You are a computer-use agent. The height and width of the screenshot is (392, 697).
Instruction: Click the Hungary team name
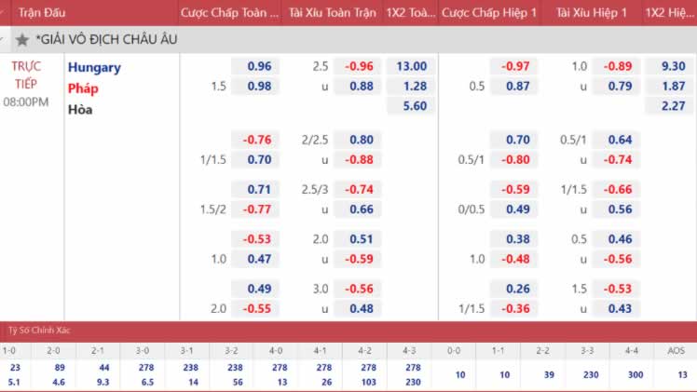(93, 67)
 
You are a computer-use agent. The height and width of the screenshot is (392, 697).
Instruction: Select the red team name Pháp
(82, 88)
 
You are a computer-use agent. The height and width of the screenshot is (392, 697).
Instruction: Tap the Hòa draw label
(80, 109)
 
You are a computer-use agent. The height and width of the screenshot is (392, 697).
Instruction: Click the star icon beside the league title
(21, 40)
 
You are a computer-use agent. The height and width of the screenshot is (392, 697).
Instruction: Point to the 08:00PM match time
(26, 101)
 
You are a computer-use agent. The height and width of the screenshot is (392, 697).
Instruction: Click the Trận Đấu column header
(39, 13)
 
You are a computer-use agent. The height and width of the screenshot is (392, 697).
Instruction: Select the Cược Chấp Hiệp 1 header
(490, 13)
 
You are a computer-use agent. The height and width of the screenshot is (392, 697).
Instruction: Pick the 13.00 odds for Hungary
(411, 66)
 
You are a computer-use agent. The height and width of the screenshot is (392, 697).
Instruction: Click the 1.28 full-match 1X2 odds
(411, 87)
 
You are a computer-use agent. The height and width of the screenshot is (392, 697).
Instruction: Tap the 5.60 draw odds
(411, 106)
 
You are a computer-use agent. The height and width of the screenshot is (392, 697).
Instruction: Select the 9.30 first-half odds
(672, 66)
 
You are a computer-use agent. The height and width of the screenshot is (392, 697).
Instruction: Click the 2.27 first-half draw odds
(672, 106)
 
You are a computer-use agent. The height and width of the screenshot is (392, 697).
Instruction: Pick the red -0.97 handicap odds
(515, 66)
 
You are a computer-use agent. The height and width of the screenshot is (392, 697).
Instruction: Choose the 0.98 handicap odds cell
(259, 87)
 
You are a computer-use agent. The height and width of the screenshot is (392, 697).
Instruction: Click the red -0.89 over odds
(618, 66)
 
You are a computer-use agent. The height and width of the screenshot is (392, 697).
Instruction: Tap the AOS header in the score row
(675, 351)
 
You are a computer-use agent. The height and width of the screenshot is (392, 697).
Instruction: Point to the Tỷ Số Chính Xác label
(40, 331)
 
